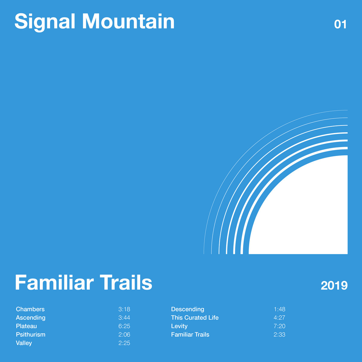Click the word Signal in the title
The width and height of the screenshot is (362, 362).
pyautogui.click(x=45, y=22)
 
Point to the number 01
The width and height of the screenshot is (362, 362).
pyautogui.click(x=340, y=24)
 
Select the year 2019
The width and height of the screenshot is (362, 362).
pyautogui.click(x=334, y=286)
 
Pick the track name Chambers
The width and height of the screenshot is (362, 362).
pyautogui.click(x=30, y=309)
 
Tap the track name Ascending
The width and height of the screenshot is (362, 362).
pyautogui.click(x=31, y=318)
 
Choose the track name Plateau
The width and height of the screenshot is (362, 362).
pyautogui.click(x=26, y=326)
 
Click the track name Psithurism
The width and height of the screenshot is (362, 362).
pyautogui.click(x=31, y=335)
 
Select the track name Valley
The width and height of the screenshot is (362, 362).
pyautogui.click(x=24, y=343)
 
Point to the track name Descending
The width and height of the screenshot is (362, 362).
pyautogui.click(x=188, y=309)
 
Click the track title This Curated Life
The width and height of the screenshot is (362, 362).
pyautogui.click(x=195, y=318)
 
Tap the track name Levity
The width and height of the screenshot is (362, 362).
pyautogui.click(x=179, y=326)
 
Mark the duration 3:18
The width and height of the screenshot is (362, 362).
pyautogui.click(x=124, y=309)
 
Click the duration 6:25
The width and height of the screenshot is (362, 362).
pyautogui.click(x=124, y=326)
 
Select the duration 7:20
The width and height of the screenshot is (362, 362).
pyautogui.click(x=279, y=326)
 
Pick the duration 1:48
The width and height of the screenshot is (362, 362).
pyautogui.click(x=279, y=309)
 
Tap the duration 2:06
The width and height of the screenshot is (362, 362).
pyautogui.click(x=124, y=335)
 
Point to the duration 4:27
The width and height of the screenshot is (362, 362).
pyautogui.click(x=279, y=318)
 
